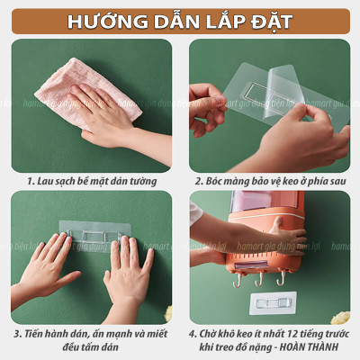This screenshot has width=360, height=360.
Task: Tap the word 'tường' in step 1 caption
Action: [x=142, y=180]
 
